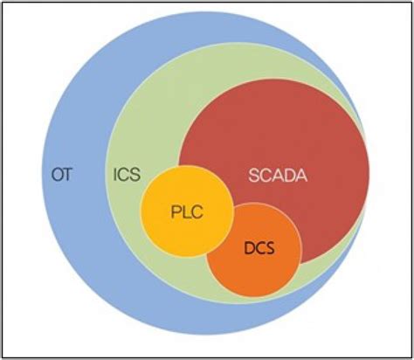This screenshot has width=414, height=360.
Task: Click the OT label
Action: coord(60,174)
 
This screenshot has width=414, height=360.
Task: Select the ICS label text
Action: coord(126,174)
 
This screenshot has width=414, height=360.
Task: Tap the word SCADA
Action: coord(278,174)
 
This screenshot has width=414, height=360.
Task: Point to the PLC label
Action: coord(187,212)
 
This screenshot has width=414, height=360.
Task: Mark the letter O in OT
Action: coord(54,174)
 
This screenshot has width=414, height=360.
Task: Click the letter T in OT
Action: coord(67,174)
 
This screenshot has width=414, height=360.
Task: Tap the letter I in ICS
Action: coord(114,174)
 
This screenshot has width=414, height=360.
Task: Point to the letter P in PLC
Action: coord(175,212)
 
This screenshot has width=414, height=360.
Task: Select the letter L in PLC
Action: coord(186,212)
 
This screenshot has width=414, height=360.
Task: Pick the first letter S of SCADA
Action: coord(253,174)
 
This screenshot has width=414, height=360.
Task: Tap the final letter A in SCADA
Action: coord(302,174)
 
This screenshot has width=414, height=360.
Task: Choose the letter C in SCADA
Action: coord(266,174)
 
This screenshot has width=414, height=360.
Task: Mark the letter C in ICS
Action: coord(125,174)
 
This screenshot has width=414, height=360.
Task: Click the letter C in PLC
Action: coord(197,212)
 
